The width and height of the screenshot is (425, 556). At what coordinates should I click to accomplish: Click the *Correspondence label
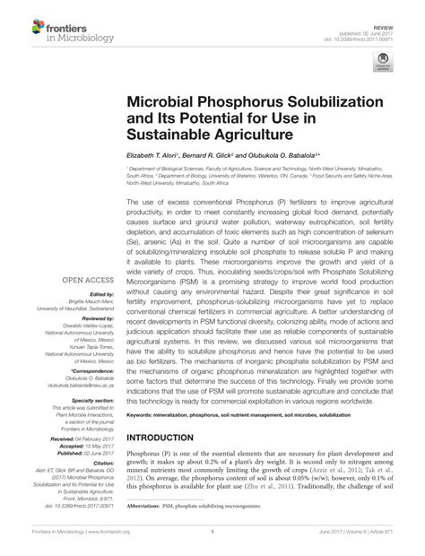click(91, 370)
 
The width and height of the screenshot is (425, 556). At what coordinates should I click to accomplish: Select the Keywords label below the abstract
click(143, 417)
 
